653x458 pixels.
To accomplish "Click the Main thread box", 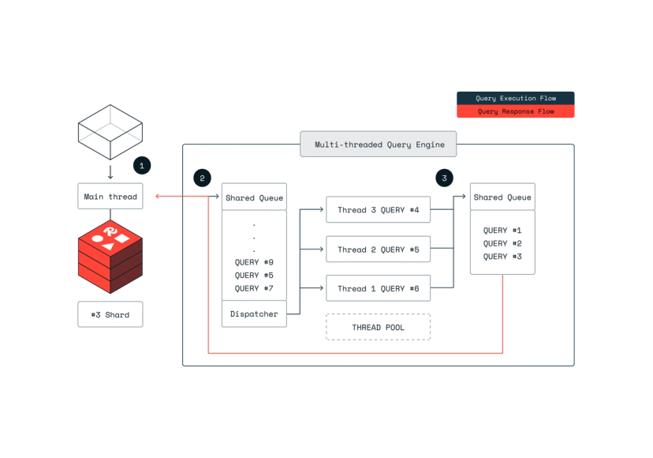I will (110, 197).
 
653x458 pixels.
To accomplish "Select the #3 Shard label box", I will (110, 314).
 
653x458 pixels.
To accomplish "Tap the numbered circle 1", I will (141, 166).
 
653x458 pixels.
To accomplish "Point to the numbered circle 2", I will (202, 178).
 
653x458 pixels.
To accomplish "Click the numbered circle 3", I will (444, 178).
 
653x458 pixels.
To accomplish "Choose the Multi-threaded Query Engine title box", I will (379, 145).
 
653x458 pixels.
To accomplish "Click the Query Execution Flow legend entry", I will (516, 99).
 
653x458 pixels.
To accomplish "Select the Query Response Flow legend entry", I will (516, 111).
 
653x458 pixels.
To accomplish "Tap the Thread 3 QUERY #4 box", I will (378, 210).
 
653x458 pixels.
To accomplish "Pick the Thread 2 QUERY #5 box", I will (378, 250).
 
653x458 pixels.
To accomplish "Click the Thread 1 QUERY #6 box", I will (378, 289).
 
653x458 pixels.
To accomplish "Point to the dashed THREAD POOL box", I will (378, 327).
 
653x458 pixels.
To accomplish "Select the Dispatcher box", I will (253, 314).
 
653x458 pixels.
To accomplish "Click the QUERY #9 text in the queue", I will (253, 263).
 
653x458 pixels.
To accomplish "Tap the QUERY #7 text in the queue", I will (253, 288).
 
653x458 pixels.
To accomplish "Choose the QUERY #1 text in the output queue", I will (502, 231).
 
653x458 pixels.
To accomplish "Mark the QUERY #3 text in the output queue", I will (502, 257).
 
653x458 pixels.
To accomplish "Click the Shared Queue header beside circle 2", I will (253, 197).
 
